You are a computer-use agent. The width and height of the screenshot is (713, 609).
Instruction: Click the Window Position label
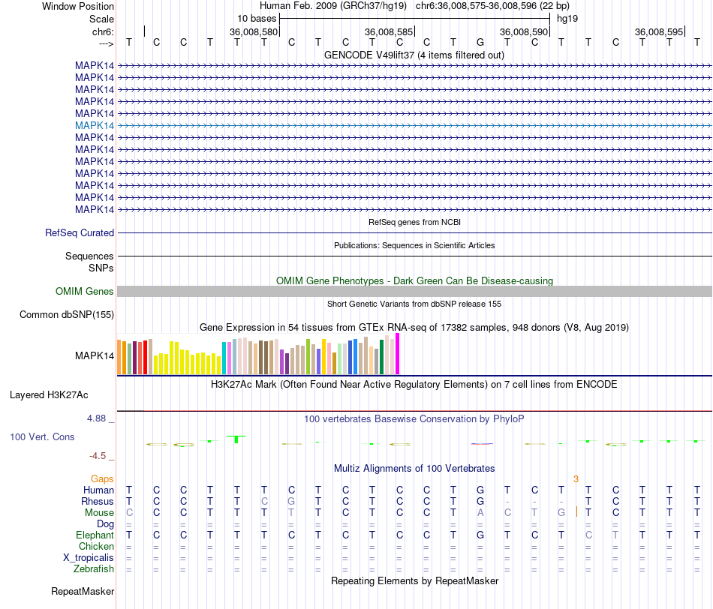click(x=78, y=6)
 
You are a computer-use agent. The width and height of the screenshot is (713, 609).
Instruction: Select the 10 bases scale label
click(x=257, y=18)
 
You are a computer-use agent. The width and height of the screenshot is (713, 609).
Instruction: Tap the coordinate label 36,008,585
click(x=389, y=31)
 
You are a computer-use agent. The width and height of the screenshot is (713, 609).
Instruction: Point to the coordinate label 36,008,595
click(x=659, y=31)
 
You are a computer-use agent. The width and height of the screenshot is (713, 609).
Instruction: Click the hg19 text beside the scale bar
click(x=567, y=18)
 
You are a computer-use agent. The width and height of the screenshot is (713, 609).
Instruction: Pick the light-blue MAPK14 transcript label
click(x=95, y=125)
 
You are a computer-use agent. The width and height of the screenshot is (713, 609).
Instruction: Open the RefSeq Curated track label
click(x=80, y=233)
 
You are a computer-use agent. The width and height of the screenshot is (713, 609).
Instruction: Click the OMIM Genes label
click(x=85, y=291)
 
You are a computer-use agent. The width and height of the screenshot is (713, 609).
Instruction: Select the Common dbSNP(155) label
click(x=67, y=314)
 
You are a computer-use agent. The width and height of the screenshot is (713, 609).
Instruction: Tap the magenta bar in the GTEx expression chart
click(x=398, y=353)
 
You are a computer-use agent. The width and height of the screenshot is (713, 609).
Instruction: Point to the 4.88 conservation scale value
click(x=98, y=418)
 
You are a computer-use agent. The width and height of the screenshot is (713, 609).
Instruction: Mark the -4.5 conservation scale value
click(x=100, y=455)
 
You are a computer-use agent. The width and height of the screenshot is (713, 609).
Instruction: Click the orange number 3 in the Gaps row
click(x=576, y=478)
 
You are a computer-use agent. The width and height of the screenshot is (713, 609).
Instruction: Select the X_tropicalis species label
click(x=89, y=558)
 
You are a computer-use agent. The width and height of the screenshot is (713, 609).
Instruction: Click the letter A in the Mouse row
click(x=480, y=513)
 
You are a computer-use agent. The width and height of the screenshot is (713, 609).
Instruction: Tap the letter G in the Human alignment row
click(x=480, y=490)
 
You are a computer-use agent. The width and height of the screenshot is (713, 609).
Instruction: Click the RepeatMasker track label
click(x=83, y=592)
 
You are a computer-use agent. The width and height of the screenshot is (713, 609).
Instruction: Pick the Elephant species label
click(x=95, y=535)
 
